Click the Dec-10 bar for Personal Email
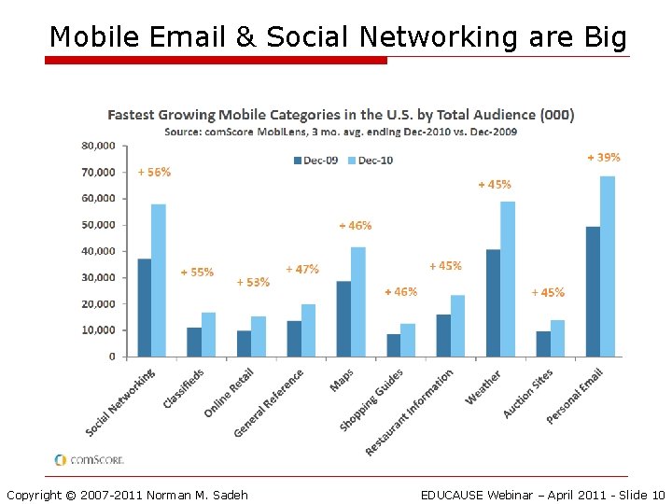tap(608, 266)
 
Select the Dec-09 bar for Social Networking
tap(144, 307)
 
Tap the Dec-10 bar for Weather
tap(508, 278)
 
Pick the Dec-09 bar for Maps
tap(343, 318)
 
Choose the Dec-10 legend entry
tap(371, 161)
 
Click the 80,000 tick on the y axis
tap(98, 146)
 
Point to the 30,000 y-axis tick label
tap(98, 277)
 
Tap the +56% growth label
tap(154, 173)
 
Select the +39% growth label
tap(603, 158)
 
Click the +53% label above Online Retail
tap(253, 282)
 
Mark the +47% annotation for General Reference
tap(301, 269)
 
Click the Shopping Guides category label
tap(372, 399)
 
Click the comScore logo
tap(89, 459)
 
